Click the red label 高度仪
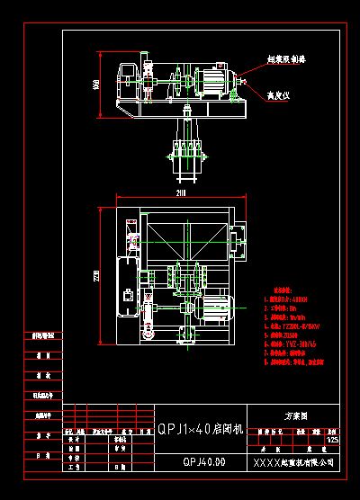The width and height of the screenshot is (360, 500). tap(276, 94)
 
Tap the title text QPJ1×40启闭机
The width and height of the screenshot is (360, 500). tap(200, 429)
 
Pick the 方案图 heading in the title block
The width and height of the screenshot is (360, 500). tap(296, 416)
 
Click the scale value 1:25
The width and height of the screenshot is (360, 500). tap(334, 440)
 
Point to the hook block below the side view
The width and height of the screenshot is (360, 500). tap(185, 148)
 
